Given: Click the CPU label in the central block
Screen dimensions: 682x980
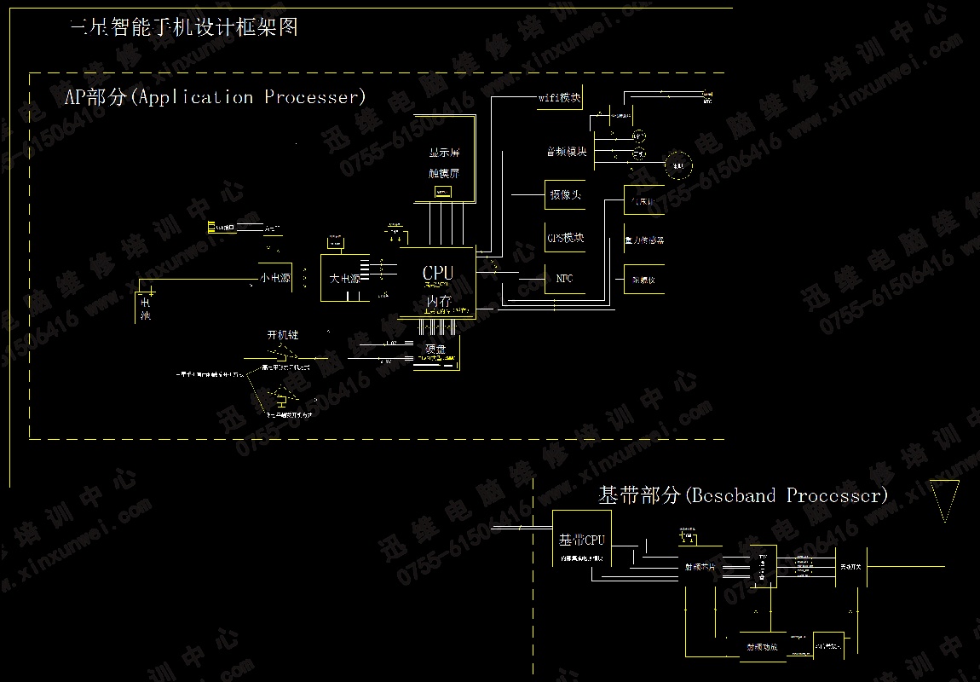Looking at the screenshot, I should coord(438,273).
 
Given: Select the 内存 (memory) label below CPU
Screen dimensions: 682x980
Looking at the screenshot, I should coord(438,300).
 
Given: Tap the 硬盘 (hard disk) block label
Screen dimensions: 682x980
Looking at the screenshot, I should coord(435,348).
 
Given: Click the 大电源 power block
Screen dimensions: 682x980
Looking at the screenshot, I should coord(345,278).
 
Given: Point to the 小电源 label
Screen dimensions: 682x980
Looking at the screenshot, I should coord(276,278).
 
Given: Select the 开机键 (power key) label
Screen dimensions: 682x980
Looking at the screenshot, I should coord(283,335).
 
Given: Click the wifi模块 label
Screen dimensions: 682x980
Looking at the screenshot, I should coord(560,98).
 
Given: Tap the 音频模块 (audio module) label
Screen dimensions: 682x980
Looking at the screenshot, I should coord(567,152).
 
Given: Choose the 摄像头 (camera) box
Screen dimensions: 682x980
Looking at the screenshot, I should coord(566,195).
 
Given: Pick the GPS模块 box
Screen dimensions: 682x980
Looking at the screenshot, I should coord(566,238).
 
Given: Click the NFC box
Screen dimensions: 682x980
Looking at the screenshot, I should coord(565,278).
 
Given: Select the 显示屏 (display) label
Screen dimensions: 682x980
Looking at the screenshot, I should coord(444,154).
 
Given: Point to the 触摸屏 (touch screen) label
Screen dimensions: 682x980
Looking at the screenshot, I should coord(444,173).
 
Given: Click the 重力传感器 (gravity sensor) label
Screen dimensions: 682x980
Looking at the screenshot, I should coord(644,240).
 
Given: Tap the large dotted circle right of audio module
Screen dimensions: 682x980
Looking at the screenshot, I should coord(678,165).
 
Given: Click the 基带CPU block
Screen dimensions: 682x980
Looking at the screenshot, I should coord(581,540).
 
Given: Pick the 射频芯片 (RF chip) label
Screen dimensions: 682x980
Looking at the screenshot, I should coord(700,565).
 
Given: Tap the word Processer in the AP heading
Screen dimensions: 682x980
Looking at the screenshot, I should coord(314,96).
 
